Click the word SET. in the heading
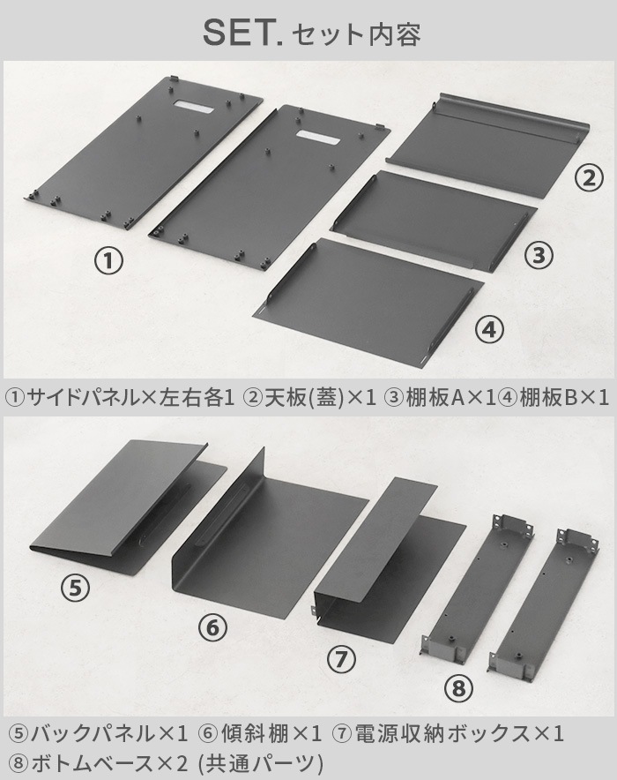coord(242,33)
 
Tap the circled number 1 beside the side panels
coord(108,261)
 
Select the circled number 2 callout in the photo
coord(589,178)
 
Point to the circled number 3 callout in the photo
coord(539,255)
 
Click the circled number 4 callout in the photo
coord(489,329)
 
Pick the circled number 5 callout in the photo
coord(75,588)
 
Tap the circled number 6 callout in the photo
coord(212,627)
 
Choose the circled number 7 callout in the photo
coord(341,660)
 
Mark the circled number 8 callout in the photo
coord(458,688)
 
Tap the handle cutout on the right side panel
coord(318,138)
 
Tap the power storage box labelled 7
coord(390,552)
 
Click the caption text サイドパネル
coord(83,397)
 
